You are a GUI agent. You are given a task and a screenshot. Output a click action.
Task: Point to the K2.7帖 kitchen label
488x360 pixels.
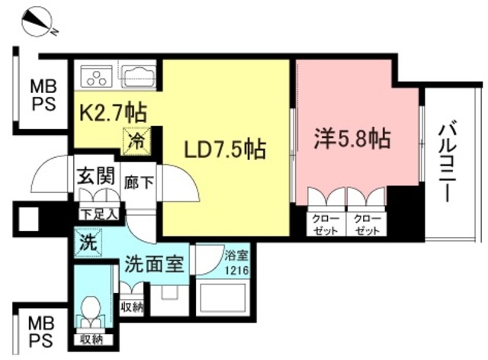click(x=115, y=114)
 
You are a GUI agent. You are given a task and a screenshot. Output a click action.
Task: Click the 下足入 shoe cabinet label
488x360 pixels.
click(x=100, y=214)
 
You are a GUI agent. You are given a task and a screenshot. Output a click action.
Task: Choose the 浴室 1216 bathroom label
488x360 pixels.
click(x=236, y=264)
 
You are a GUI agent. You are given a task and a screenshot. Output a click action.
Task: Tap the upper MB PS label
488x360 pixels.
click(x=42, y=95)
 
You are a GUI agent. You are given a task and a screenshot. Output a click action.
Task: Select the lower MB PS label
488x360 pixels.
click(x=42, y=329)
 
